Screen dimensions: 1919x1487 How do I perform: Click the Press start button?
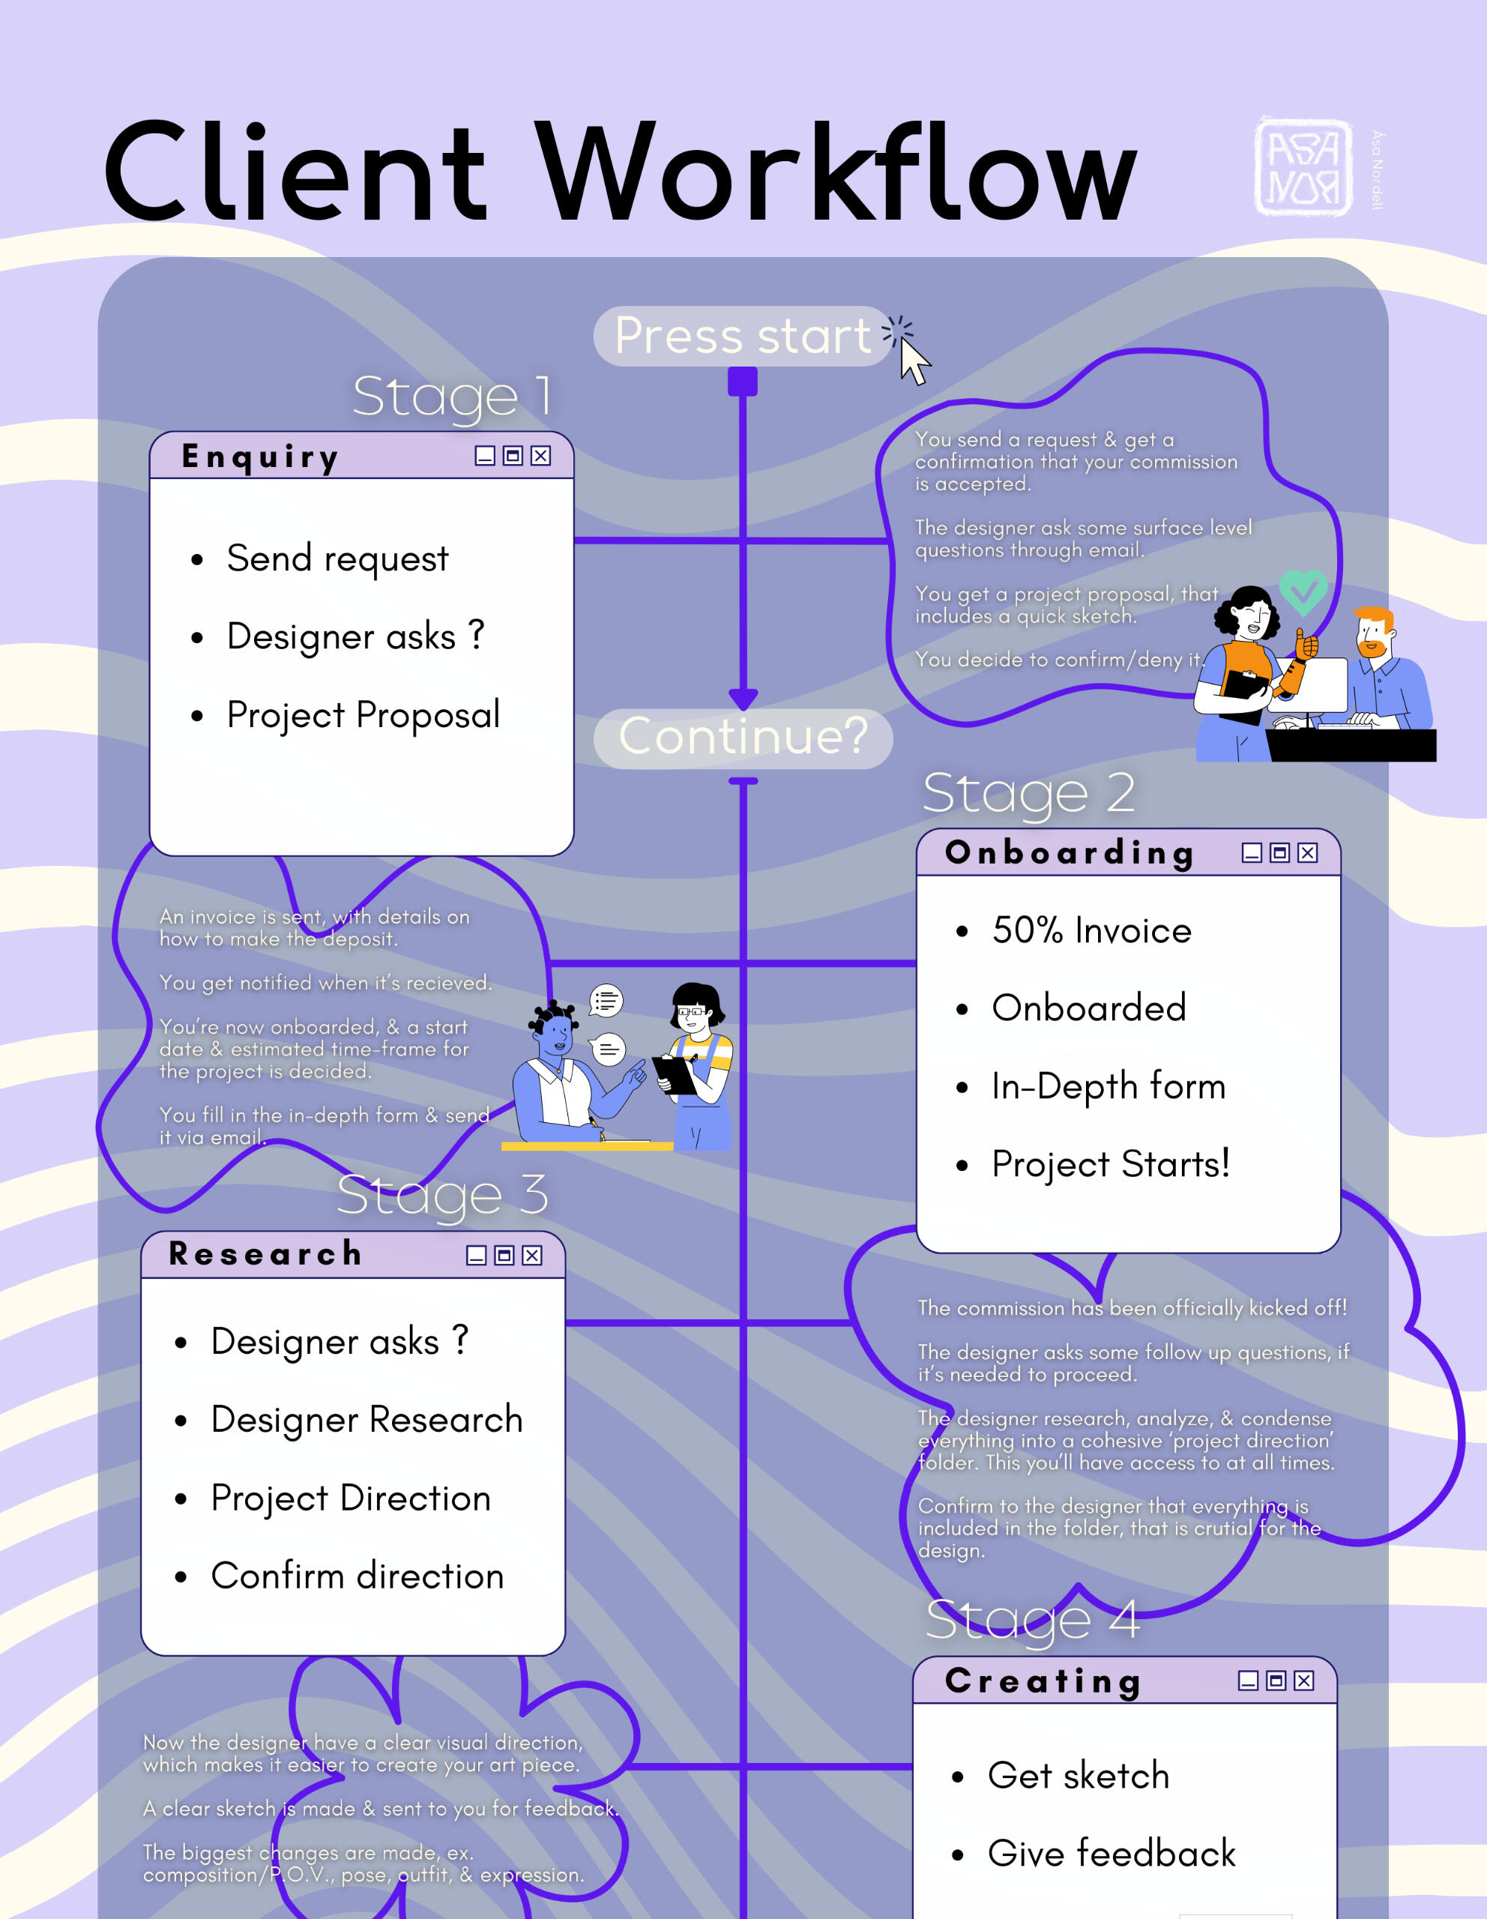[x=742, y=336]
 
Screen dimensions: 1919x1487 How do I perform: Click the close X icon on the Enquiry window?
[x=541, y=455]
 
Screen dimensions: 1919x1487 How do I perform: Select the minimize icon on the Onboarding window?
[x=1252, y=852]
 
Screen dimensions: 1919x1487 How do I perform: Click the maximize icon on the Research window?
[x=504, y=1255]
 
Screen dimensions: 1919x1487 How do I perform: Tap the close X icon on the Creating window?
[x=1304, y=1680]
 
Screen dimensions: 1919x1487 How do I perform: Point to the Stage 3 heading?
[x=443, y=1195]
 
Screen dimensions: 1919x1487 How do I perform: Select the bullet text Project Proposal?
[x=363, y=715]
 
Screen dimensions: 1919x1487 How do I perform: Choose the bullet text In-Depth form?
[x=1109, y=1087]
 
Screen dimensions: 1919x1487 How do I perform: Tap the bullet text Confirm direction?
[x=358, y=1576]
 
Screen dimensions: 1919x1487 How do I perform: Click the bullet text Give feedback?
[x=1111, y=1854]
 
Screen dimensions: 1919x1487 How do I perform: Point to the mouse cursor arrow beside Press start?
[x=914, y=361]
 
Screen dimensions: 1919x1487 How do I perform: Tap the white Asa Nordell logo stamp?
[x=1303, y=166]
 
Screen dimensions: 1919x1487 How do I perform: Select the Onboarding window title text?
[x=1070, y=852]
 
